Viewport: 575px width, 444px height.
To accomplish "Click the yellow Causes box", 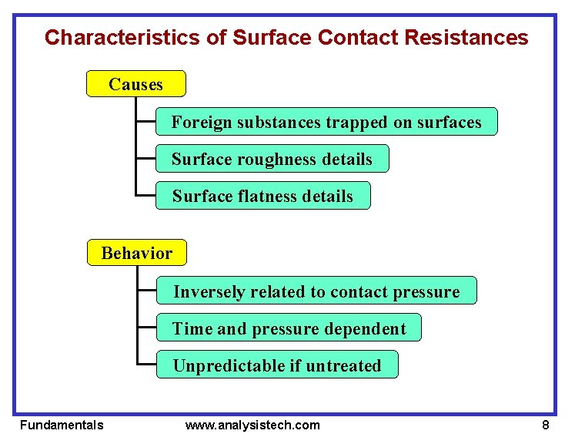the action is point(135,84).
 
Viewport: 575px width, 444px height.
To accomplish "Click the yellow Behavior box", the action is point(136,253).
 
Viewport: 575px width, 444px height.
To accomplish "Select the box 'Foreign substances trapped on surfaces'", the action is point(326,122).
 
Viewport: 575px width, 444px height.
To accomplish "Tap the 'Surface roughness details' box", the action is point(272,159).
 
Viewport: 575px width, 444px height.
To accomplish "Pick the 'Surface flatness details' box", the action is point(262,196).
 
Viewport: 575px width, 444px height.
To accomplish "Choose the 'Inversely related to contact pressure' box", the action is point(316,291).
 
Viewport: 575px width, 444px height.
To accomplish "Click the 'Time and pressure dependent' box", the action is point(289,328).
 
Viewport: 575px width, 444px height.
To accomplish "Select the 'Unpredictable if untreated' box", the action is point(277,365).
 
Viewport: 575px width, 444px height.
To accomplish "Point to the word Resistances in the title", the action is point(470,37).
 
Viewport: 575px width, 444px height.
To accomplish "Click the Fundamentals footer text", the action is point(62,425).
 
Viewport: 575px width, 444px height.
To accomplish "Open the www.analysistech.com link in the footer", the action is point(252,425).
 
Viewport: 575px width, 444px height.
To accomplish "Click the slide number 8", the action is point(545,425).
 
